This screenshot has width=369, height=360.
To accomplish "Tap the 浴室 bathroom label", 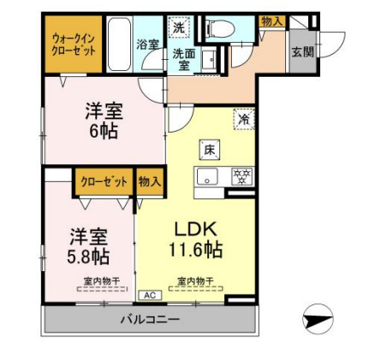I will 147,44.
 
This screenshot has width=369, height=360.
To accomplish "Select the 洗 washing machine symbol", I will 177,27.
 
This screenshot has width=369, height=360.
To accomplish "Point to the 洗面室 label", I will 183,58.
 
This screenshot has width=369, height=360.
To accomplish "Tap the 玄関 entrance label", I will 302,52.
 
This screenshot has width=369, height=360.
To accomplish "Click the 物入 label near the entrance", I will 272,21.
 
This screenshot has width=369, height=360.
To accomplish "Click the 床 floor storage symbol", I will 210,150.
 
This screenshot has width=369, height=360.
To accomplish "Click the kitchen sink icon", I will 208,178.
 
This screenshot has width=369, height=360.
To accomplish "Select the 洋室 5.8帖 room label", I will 88,245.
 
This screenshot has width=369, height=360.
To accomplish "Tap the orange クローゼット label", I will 104,181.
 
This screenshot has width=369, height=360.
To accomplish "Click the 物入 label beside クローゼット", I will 151,181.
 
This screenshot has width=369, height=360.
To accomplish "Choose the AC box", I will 147,295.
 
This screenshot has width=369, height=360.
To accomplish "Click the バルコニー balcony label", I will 150,321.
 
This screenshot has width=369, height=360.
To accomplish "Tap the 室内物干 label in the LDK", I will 196,280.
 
